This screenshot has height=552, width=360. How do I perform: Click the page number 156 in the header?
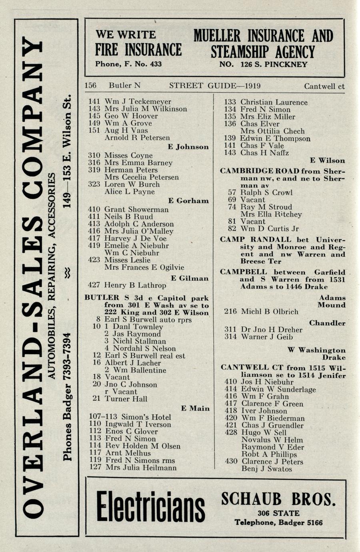coord(90,86)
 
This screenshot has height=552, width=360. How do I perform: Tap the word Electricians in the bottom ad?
coord(150,507)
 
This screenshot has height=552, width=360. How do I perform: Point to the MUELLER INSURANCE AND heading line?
coord(263,36)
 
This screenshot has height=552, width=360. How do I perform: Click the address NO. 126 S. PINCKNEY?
coord(263,64)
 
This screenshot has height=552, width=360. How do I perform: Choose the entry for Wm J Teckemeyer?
coord(138,102)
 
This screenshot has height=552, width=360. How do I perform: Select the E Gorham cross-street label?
coord(188,201)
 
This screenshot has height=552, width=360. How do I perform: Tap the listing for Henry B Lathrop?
coord(135,285)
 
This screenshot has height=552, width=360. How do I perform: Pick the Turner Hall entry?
coord(126,399)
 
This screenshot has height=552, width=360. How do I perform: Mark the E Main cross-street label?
coord(195,408)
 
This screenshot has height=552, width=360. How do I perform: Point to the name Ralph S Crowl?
coord(266,192)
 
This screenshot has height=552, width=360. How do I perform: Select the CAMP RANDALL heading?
coord(240,240)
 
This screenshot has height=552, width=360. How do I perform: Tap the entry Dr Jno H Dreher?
coord(271,330)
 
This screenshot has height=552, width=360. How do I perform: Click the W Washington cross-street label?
coord(316,350)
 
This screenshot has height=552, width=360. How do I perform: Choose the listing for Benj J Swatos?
coord(266,469)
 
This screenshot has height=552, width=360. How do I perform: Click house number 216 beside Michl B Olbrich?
coord(230,312)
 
